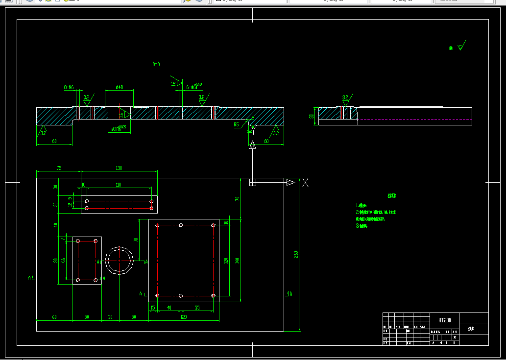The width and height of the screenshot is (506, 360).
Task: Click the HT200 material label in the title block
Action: [x=444, y=320]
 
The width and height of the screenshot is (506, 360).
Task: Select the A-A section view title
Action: [x=156, y=64]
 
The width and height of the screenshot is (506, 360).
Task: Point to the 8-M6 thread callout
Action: [x=69, y=88]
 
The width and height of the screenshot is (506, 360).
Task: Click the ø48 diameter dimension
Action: [x=119, y=88]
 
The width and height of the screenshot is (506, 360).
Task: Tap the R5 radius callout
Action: [x=236, y=124]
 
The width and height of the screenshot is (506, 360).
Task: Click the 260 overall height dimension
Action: [x=296, y=254]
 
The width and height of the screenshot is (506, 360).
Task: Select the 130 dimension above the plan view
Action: [x=119, y=168]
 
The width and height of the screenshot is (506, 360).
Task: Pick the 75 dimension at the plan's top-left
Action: [x=59, y=168]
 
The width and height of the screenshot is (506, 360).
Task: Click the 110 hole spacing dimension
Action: [x=119, y=185]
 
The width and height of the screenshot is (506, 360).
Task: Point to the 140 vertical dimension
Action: [x=237, y=261]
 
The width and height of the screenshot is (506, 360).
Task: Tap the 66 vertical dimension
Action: [x=63, y=260]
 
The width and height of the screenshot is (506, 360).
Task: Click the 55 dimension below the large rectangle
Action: [x=197, y=307]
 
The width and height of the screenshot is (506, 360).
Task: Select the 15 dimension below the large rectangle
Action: [x=153, y=307]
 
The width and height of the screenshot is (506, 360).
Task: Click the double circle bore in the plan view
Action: [x=119, y=261]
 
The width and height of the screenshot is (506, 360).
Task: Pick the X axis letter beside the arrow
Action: [x=305, y=183]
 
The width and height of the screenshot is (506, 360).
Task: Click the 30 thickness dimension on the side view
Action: [x=311, y=117]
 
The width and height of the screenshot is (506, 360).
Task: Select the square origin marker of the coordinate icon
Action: [x=253, y=183]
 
